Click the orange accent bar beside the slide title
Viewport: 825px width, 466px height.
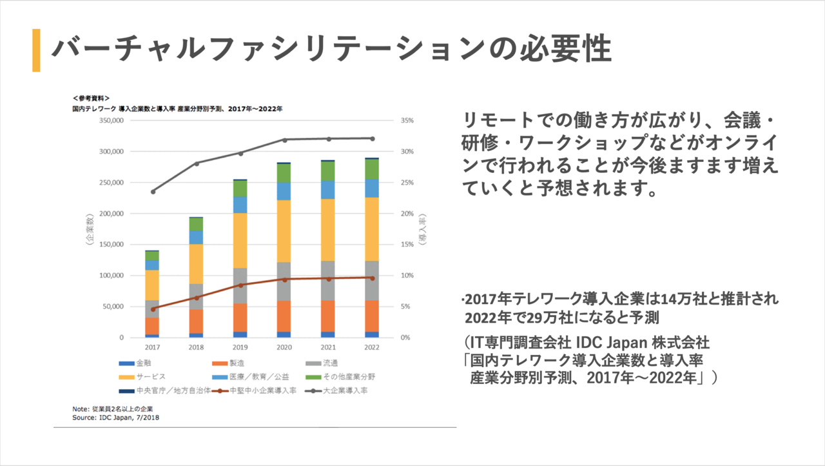[x=36, y=50]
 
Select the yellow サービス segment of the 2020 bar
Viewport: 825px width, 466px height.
[x=284, y=231]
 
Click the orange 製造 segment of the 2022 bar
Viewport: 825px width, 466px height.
[x=371, y=316]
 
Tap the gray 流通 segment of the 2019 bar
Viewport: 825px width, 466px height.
[x=240, y=285]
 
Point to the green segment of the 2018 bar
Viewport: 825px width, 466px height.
[x=196, y=224]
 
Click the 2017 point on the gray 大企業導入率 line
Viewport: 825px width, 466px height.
[x=153, y=192]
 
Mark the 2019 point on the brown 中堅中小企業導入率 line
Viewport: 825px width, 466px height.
[x=240, y=285]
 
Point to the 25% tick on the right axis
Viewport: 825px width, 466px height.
[x=407, y=183]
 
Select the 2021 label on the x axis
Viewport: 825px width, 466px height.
[x=327, y=347]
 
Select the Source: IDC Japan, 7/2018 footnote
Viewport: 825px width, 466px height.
[x=116, y=418]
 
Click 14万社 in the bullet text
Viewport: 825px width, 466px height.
[x=668, y=300]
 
